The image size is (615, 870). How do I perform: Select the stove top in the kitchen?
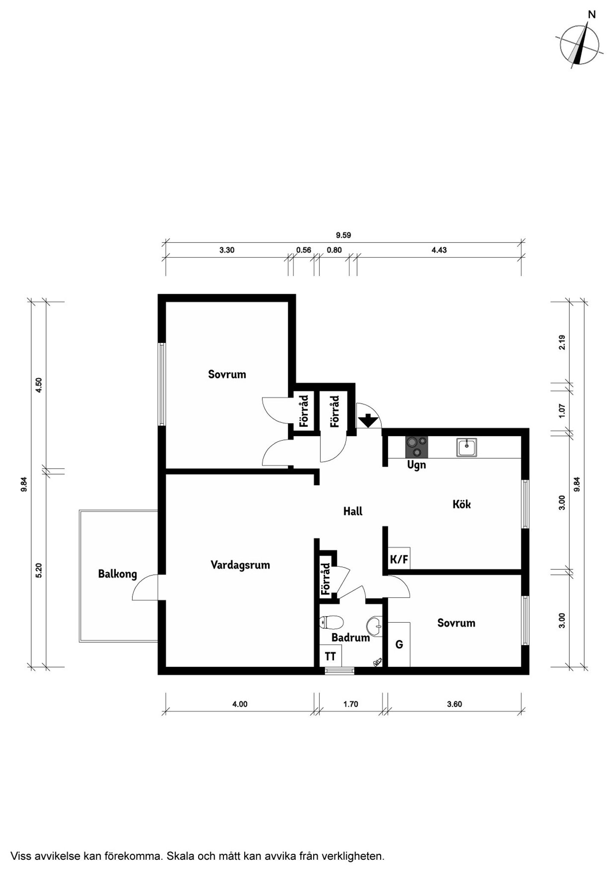(416, 447)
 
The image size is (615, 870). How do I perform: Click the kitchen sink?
(467, 447)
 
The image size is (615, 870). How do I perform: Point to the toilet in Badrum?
(331, 622)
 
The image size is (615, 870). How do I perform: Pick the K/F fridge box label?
(399, 559)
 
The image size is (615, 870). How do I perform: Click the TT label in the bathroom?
(330, 656)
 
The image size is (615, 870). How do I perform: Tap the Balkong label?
(117, 574)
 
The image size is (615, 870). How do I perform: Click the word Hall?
(353, 511)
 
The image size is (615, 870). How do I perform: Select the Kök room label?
(462, 504)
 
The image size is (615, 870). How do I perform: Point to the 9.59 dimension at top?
(343, 235)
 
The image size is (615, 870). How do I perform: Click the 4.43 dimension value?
(439, 250)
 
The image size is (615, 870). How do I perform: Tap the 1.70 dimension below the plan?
(351, 704)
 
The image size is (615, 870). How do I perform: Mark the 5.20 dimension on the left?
(39, 571)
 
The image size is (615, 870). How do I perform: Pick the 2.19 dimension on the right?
(562, 343)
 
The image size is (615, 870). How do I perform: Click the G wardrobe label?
(399, 644)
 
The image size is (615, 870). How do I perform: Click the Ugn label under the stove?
(416, 465)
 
